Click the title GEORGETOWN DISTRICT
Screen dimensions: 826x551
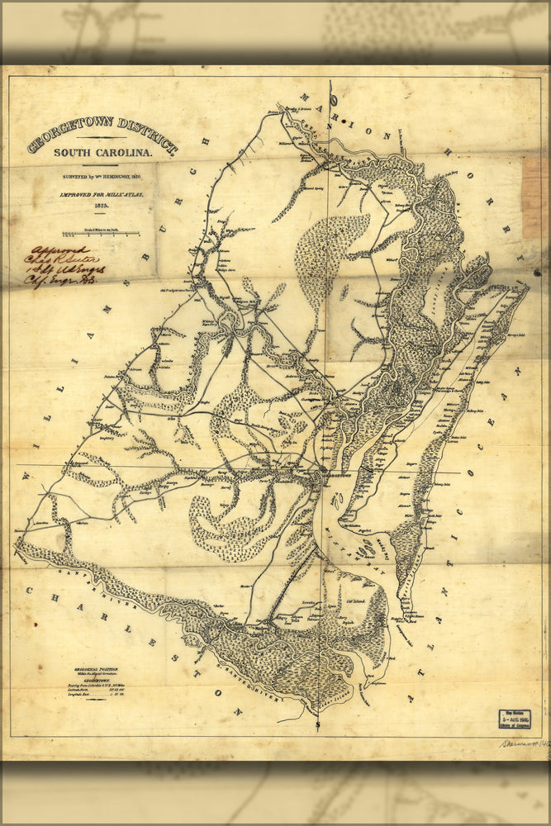102,135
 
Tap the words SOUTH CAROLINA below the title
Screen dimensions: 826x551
102,153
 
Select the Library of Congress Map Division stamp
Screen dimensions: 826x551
514,719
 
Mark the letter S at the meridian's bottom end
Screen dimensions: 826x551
318,724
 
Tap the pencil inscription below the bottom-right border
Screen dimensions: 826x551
523,743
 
